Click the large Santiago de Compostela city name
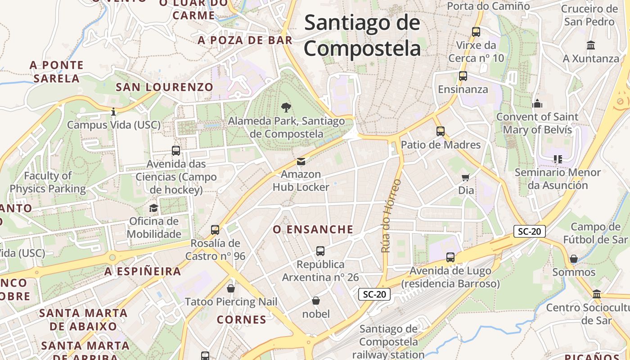[x=362, y=35]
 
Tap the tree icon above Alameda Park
[x=286, y=107]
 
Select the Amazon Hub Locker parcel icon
[x=301, y=161]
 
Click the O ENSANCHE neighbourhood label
[x=313, y=229]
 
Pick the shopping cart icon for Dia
[x=466, y=177]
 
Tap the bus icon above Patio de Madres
[x=441, y=131]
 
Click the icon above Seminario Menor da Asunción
[x=558, y=159]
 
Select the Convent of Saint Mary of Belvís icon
[x=537, y=103]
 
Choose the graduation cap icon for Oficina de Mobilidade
[x=154, y=208]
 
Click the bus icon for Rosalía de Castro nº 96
[x=215, y=230]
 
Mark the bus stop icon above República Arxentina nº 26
[x=320, y=251]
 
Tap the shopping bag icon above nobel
[x=316, y=300]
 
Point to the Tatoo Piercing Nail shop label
[x=231, y=301]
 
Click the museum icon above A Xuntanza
[x=591, y=45]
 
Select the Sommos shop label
[x=574, y=272]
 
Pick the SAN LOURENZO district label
[x=164, y=87]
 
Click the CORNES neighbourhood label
[x=242, y=320]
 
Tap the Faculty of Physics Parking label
[x=48, y=182]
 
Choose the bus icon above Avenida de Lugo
[x=450, y=257]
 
